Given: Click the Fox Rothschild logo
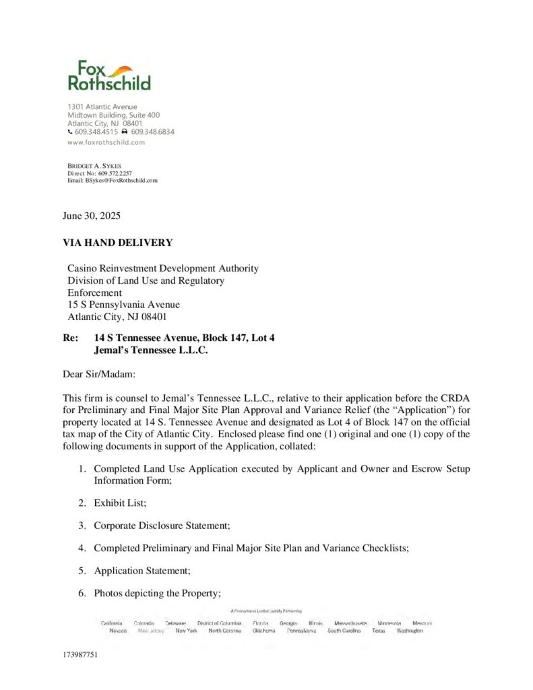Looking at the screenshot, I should [x=108, y=75].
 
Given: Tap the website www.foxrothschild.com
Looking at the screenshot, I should [x=106, y=142].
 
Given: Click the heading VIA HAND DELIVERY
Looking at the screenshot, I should [x=117, y=243].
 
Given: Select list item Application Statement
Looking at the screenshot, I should [x=142, y=571].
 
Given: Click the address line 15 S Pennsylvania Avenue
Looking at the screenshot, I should [x=123, y=305].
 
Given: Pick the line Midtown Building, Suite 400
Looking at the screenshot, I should [x=113, y=115].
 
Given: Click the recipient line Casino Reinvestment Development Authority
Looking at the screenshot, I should [x=162, y=268].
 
